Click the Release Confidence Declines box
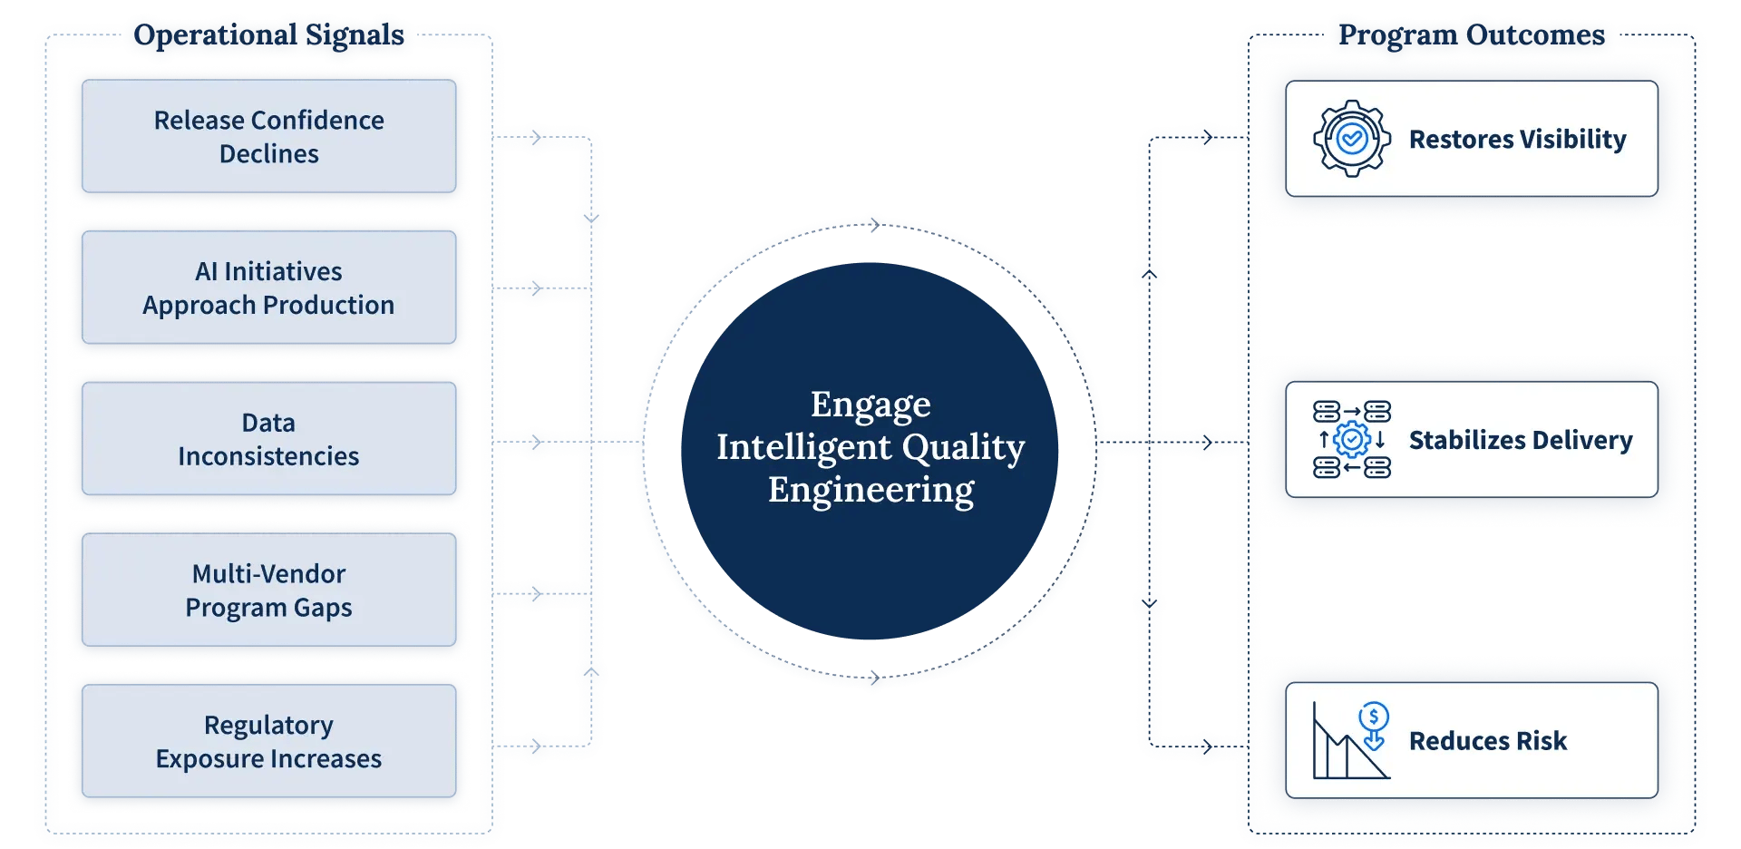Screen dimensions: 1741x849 268,136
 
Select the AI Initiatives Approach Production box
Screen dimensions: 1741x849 268,288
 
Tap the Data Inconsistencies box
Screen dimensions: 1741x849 268,439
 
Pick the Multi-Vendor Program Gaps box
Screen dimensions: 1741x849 268,590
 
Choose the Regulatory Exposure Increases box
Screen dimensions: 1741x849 268,741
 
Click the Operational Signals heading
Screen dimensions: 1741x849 268,34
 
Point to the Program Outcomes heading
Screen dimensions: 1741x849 1472,34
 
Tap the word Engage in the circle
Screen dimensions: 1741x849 870,405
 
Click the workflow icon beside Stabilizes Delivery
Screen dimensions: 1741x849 1352,440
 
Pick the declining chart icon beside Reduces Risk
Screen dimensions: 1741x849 1351,740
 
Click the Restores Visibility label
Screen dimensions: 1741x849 1517,139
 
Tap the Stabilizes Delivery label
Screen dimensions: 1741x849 1521,440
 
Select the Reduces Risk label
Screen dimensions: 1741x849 1488,741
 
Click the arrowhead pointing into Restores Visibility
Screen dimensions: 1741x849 1208,138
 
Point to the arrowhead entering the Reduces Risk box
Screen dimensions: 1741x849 1208,747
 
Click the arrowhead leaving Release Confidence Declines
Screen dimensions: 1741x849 537,138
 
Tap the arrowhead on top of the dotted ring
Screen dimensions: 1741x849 875,225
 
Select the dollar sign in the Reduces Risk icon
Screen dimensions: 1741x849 1374,716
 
